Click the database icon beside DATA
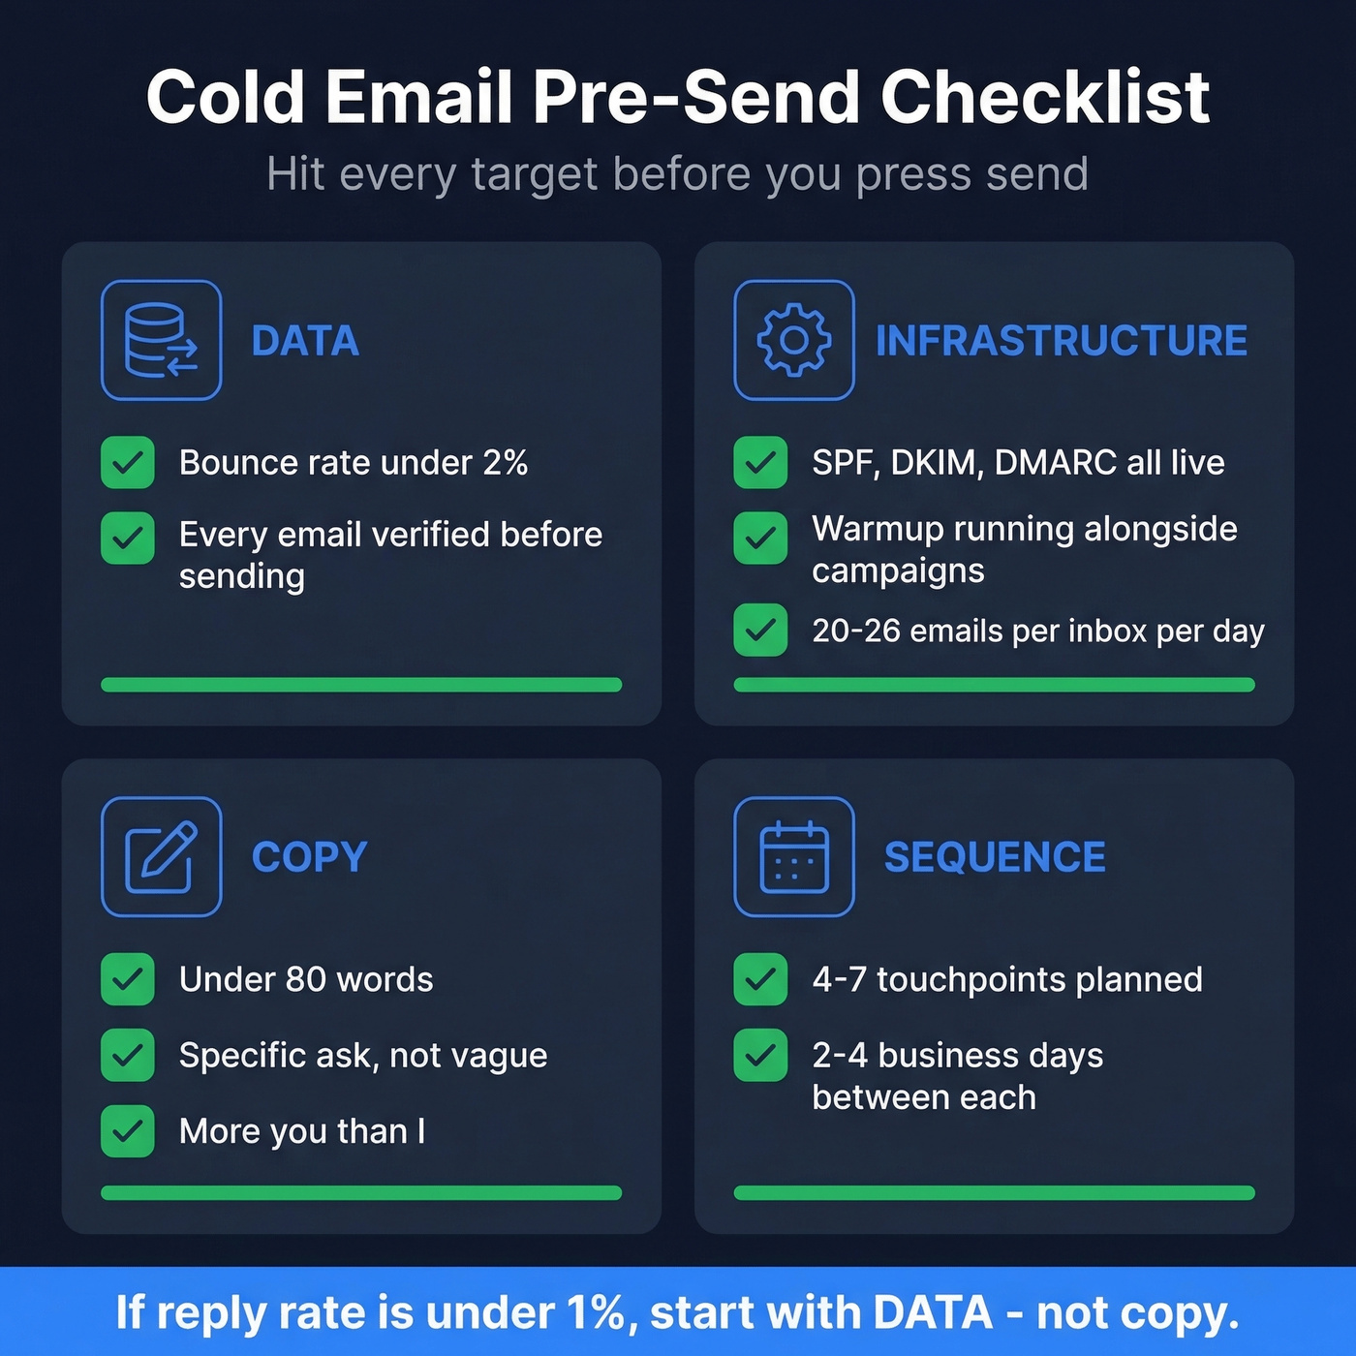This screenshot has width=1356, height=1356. pos(161,340)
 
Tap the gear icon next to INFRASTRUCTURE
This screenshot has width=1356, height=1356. pos(793,340)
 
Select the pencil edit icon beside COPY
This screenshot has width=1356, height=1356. pos(161,856)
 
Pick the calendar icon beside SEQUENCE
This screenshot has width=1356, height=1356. pos(793,856)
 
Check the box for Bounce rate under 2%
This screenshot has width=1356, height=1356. pos(128,462)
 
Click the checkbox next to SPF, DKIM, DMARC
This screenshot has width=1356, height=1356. pos(760,462)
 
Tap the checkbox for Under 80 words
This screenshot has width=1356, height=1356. pos(128,979)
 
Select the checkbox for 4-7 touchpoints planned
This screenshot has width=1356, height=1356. pos(760,979)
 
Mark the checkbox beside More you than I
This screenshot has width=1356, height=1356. pos(128,1131)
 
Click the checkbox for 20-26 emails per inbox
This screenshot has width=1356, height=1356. pos(760,631)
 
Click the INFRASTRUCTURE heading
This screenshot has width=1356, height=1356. pos(1062,341)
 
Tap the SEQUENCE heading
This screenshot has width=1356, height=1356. pos(995,857)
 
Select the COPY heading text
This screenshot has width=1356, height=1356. pos(309,857)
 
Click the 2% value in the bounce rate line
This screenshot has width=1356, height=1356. pos(505,463)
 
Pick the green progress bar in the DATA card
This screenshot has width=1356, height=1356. pos(361,685)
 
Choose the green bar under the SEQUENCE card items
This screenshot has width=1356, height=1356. pos(994,1193)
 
